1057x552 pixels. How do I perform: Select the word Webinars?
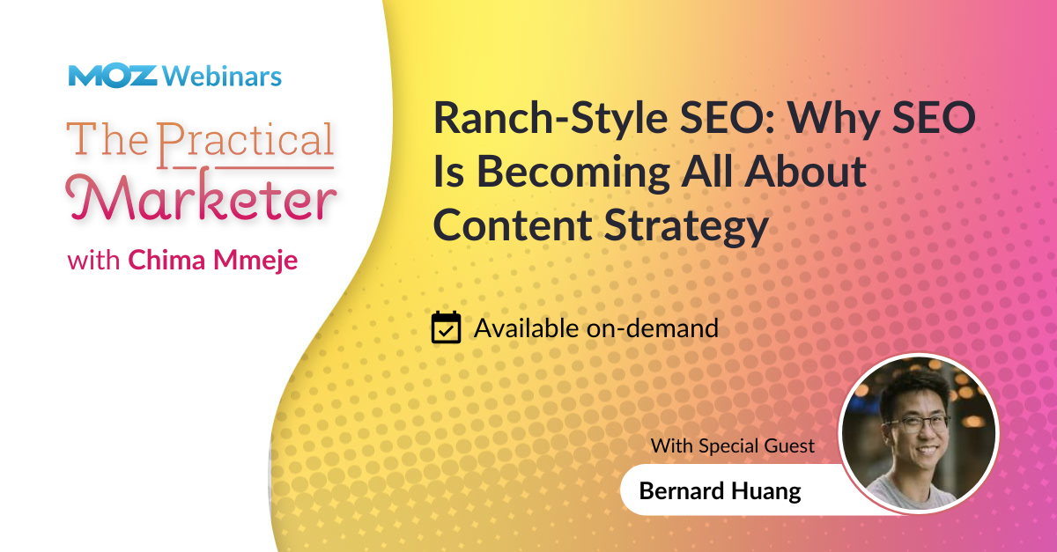[x=222, y=77]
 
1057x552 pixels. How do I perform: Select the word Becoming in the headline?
[x=570, y=173]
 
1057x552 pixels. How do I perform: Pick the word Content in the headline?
[x=512, y=225]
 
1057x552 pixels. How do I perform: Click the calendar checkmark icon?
[x=447, y=328]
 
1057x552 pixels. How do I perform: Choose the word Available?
[x=527, y=328]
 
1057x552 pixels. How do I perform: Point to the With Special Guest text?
[x=733, y=445]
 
